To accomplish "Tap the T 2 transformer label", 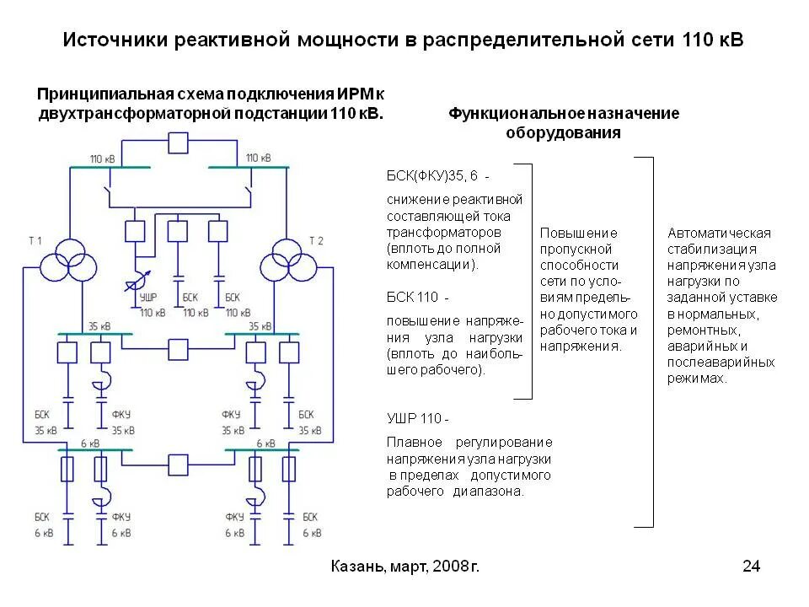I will point(316,241).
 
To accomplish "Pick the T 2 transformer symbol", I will point(284,261).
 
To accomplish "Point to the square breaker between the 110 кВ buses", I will point(179,143).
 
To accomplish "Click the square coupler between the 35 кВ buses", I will point(179,347).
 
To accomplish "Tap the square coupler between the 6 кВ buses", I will point(179,465).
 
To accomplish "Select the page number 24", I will point(751,567).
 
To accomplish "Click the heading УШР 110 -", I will point(419,418).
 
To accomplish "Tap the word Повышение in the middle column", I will point(579,233).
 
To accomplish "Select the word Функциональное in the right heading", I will point(509,114).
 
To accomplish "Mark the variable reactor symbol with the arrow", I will point(140,279).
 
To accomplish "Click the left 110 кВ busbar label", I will point(104,158).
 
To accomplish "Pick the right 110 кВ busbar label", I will point(258,158).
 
